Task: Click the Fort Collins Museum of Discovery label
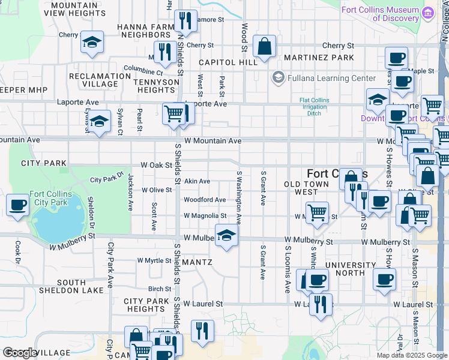click(x=380, y=14)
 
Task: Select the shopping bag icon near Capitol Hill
click(x=264, y=46)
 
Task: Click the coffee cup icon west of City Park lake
click(x=17, y=205)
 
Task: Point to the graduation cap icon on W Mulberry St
click(x=226, y=236)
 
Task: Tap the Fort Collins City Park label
click(x=51, y=199)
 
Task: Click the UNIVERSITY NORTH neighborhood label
click(x=342, y=269)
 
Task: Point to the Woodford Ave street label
click(x=205, y=200)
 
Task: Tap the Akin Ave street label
click(x=197, y=181)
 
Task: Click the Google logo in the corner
click(x=20, y=353)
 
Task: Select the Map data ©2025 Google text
click(x=411, y=355)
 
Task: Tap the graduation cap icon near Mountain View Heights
click(x=91, y=43)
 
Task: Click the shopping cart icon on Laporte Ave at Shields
click(x=173, y=113)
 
